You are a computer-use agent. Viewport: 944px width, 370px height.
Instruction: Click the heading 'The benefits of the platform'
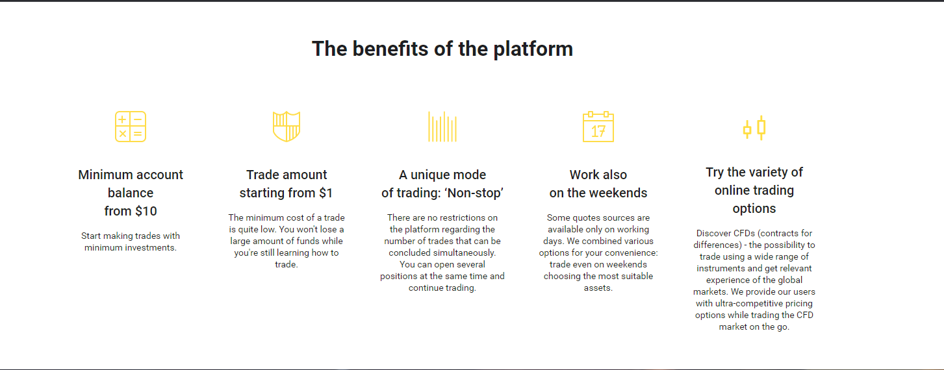[x=442, y=49]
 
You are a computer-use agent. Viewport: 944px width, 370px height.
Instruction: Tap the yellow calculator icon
[x=131, y=127]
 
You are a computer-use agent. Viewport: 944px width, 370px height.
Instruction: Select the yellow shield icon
[x=287, y=127]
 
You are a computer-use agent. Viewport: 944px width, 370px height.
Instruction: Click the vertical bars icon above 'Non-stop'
[x=442, y=127]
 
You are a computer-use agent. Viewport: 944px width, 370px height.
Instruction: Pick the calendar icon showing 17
[x=598, y=127]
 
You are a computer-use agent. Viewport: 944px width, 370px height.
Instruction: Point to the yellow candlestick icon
[x=754, y=128]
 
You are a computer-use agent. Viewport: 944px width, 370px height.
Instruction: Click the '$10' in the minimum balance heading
[x=144, y=211]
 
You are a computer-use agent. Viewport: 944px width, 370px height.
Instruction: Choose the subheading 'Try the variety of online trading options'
[x=754, y=190]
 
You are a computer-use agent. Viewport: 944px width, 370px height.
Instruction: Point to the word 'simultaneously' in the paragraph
[x=464, y=253]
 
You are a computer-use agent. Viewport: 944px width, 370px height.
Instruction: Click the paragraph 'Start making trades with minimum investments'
[x=131, y=241]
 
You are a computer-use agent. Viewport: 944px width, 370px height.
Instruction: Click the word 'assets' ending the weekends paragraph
[x=597, y=288]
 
